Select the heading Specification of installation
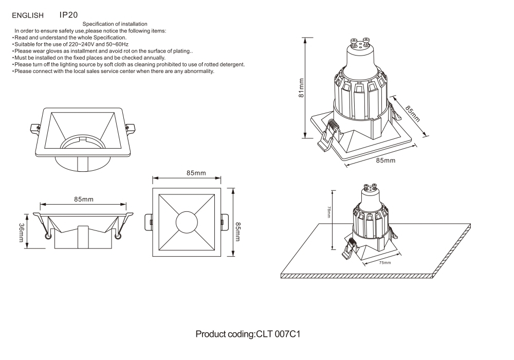[x=115, y=24]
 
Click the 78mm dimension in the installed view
[x=328, y=212]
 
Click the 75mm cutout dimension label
[x=384, y=263]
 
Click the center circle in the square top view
[x=187, y=223]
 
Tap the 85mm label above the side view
[x=84, y=199]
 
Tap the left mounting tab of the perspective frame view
[x=35, y=128]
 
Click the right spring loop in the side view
[x=119, y=236]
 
